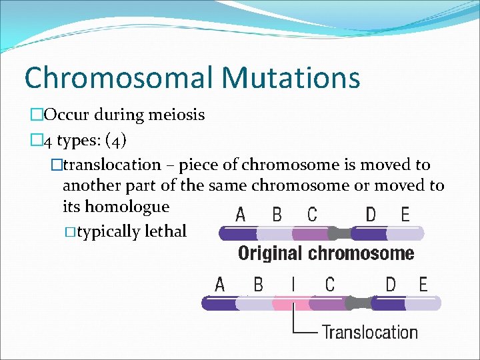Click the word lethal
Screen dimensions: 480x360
click(165, 232)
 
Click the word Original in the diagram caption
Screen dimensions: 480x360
click(268, 253)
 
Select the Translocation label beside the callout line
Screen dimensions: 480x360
click(370, 332)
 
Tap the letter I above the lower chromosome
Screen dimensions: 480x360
click(293, 285)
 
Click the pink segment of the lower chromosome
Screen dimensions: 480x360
click(292, 304)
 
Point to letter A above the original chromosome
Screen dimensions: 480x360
click(241, 215)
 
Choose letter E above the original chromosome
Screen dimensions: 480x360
click(405, 215)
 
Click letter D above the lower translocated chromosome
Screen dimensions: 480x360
click(391, 285)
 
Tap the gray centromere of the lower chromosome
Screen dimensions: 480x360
click(359, 303)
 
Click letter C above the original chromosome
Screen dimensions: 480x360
click(312, 215)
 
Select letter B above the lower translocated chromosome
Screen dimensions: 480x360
click(258, 285)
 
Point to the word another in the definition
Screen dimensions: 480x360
click(87, 185)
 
